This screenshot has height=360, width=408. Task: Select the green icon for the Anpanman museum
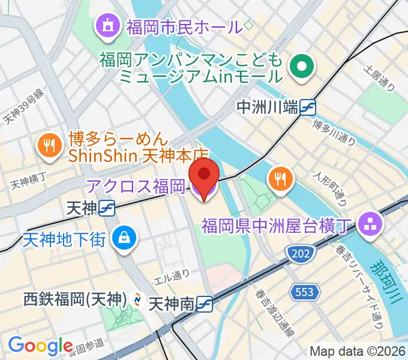point(302,68)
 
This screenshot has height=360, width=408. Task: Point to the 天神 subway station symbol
point(108,208)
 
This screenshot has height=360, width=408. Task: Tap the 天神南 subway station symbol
point(205,304)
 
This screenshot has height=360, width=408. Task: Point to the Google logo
point(41,345)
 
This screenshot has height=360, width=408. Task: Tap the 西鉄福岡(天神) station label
point(74,298)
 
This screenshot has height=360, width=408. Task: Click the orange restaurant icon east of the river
point(280,177)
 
